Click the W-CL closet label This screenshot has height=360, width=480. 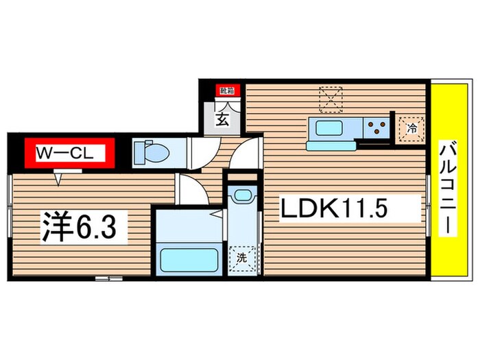coord(64,153)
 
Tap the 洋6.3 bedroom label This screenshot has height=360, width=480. coord(80,226)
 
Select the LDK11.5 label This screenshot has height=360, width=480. coord(334,208)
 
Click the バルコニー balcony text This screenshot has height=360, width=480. coord(448,188)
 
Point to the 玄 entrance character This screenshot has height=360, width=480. coord(223,119)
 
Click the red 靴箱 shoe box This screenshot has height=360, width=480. coord(227,91)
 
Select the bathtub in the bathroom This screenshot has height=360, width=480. coord(189,260)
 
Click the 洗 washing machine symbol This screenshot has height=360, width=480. coord(242,259)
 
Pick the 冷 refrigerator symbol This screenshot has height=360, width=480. coord(411,129)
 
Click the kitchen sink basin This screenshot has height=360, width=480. coord(328,128)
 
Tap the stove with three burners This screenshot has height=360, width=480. coord(376,128)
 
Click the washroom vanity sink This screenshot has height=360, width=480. coord(243,195)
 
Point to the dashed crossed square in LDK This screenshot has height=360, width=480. coord(331,99)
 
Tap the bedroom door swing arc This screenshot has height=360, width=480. coord(192,189)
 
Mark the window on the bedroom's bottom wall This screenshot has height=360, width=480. coord(108,278)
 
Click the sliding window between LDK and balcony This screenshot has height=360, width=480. coord(429,206)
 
